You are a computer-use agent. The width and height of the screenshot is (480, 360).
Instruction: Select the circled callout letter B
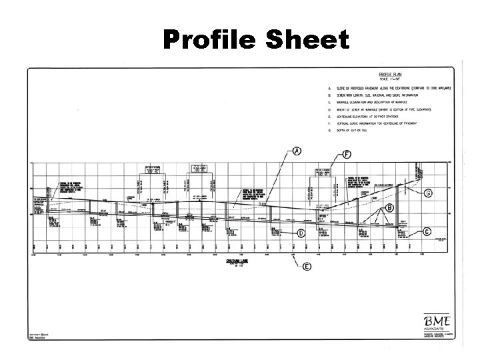point(388,208)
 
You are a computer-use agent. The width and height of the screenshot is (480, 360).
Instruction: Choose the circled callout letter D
point(301,233)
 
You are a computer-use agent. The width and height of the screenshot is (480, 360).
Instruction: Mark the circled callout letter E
point(307,267)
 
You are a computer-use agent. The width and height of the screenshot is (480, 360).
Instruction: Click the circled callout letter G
point(429,193)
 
